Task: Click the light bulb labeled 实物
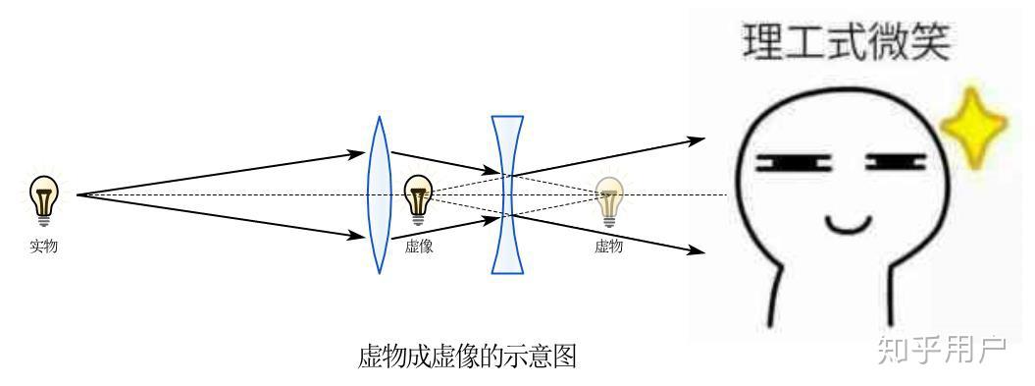[x=43, y=199]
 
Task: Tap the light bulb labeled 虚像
[x=419, y=197]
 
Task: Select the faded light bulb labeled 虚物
[x=609, y=200]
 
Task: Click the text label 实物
[x=43, y=246]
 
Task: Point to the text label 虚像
[x=419, y=246]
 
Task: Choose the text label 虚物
[x=608, y=246]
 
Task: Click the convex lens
[x=379, y=194]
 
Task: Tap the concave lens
[x=506, y=194]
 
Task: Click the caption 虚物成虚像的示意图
[x=467, y=356]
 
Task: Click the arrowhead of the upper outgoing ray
[x=697, y=139]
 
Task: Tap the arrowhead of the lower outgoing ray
[x=697, y=251]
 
